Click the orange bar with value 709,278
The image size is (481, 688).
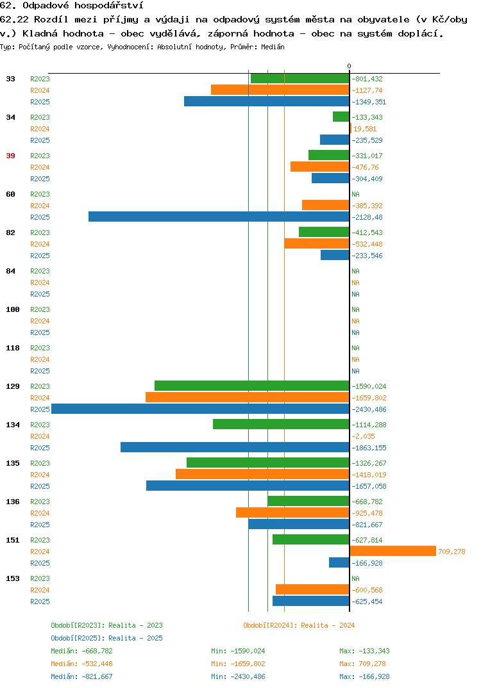(x=392, y=551)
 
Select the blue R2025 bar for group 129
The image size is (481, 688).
(x=200, y=409)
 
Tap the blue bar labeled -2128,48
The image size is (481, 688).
(x=219, y=217)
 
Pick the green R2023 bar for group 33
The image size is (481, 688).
(x=300, y=79)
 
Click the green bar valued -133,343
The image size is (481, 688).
(x=341, y=117)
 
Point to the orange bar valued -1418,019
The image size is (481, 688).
(x=263, y=474)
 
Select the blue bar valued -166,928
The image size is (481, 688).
(x=339, y=562)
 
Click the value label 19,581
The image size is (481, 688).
(x=365, y=129)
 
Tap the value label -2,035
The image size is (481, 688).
(x=363, y=436)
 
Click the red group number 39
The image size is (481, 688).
(x=10, y=156)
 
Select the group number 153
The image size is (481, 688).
(x=13, y=578)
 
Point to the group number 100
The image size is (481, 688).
(x=13, y=309)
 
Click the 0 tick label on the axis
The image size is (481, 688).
(x=350, y=66)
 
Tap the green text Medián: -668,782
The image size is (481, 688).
(x=81, y=651)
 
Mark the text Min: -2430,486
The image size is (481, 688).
(x=238, y=676)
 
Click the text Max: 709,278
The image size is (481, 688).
(x=362, y=664)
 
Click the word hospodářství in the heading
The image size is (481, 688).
(x=108, y=6)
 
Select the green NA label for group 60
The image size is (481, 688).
(x=355, y=194)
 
